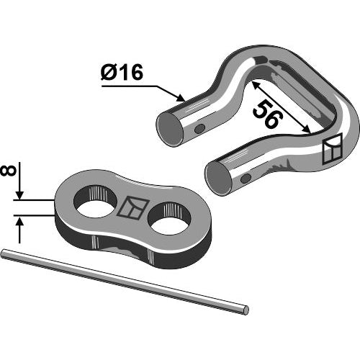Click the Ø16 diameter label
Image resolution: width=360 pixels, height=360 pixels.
click(x=122, y=72)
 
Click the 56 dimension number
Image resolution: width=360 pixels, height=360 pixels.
click(x=268, y=114)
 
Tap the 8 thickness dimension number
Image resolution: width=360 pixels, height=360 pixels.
click(x=9, y=171)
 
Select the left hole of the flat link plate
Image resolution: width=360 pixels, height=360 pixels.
click(x=95, y=203)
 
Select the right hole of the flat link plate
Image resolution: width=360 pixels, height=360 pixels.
click(x=169, y=218)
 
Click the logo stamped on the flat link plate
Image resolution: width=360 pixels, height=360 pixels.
click(x=132, y=208)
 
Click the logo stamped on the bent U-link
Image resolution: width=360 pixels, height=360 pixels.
click(x=332, y=149)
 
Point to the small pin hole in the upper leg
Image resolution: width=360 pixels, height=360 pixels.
click(x=199, y=129)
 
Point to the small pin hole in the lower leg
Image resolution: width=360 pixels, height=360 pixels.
click(x=246, y=178)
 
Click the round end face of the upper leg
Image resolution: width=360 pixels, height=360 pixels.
click(x=169, y=129)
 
